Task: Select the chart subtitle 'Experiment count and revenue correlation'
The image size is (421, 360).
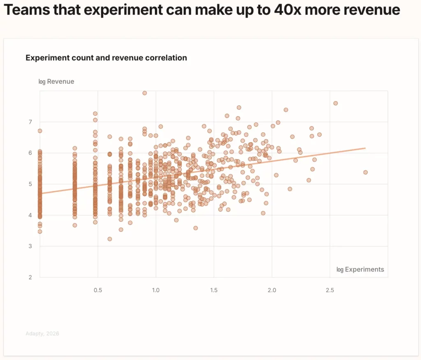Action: (x=106, y=58)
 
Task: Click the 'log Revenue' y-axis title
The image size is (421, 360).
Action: (x=56, y=81)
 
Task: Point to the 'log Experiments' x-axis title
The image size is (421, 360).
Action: (x=360, y=270)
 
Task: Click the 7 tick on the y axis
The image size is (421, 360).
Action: (x=30, y=122)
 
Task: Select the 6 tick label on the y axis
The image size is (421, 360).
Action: (x=30, y=153)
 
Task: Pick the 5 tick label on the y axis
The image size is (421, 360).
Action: (x=30, y=184)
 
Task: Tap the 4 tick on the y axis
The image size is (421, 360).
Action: (x=30, y=215)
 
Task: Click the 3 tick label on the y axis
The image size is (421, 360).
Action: (x=30, y=246)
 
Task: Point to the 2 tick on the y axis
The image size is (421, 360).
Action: (x=30, y=277)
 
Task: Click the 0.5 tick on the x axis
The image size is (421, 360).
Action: (x=98, y=290)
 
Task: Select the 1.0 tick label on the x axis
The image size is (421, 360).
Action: (x=156, y=290)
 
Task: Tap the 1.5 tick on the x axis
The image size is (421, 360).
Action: (x=214, y=290)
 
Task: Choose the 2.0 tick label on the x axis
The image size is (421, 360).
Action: (x=272, y=290)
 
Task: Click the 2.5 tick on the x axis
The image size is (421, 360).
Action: (x=330, y=290)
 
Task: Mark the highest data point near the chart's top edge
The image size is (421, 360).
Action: (x=145, y=93)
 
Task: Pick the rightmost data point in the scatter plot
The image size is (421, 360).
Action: (x=365, y=172)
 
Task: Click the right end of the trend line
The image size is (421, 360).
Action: (x=365, y=148)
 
